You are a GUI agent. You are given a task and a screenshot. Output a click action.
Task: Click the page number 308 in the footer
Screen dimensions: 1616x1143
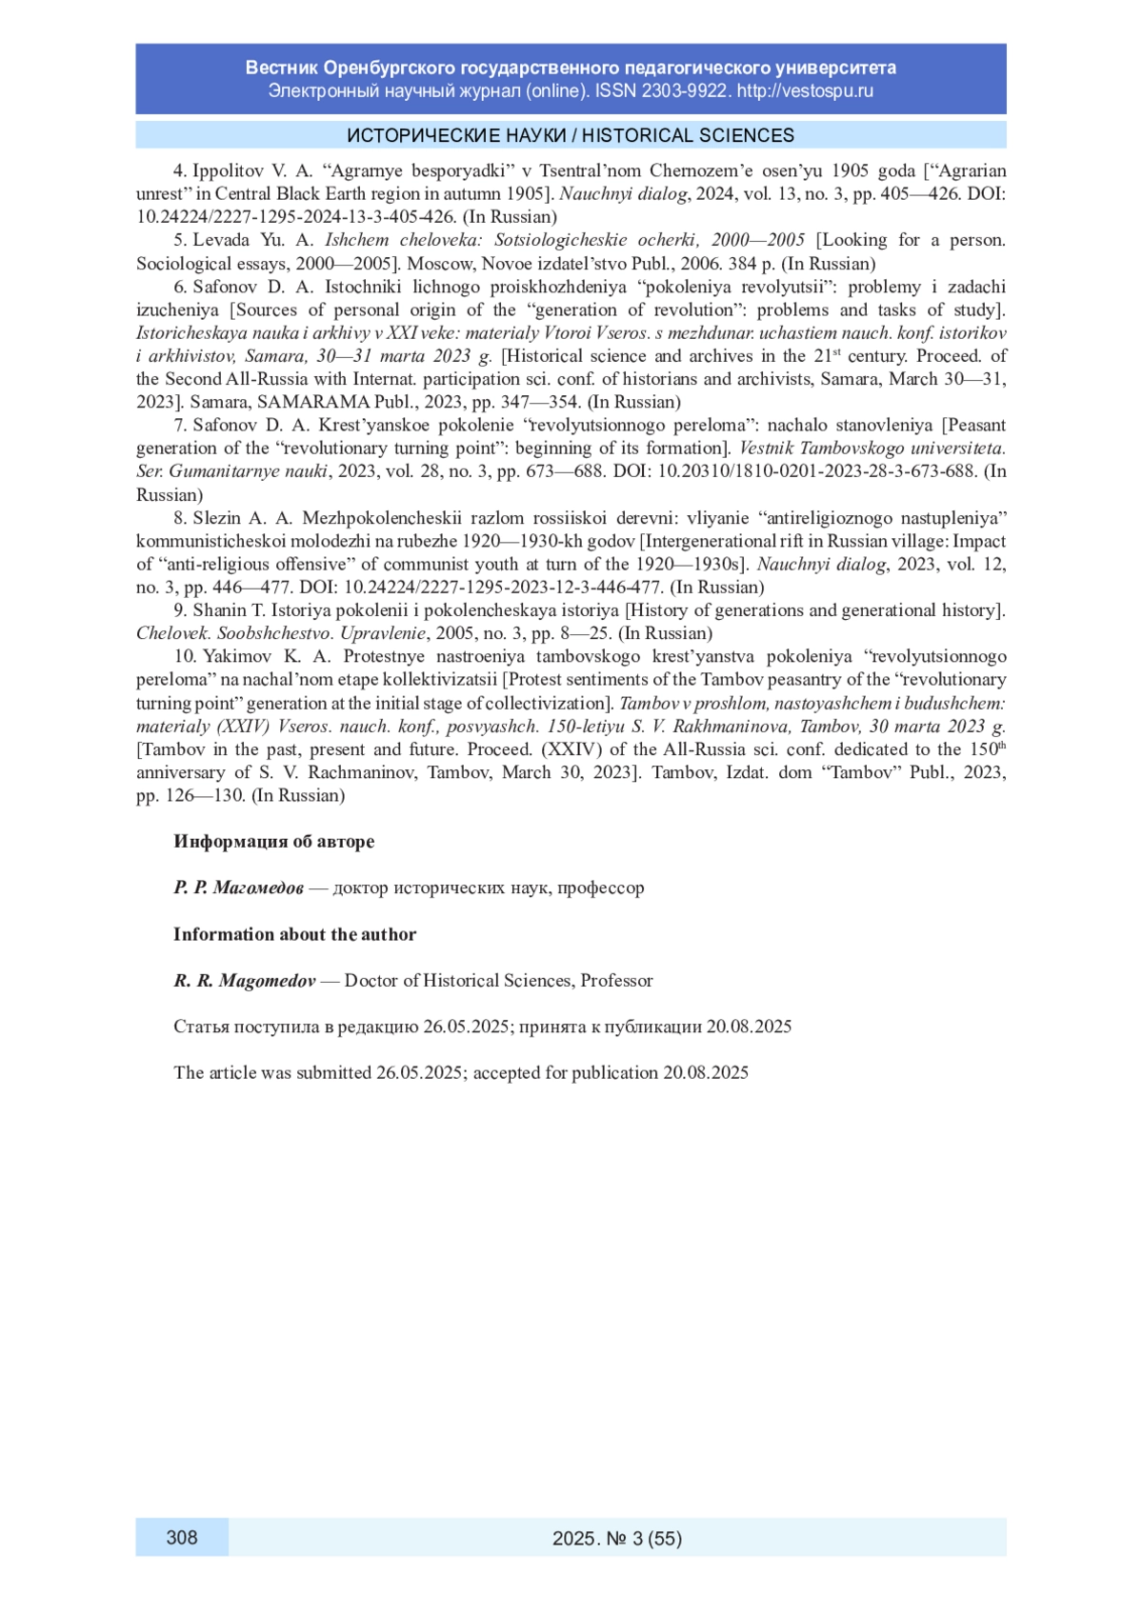(182, 1537)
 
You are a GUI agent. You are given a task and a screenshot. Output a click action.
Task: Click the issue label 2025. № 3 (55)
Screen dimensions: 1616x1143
(617, 1538)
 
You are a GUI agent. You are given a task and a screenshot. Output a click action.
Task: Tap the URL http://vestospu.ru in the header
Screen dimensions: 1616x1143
(805, 91)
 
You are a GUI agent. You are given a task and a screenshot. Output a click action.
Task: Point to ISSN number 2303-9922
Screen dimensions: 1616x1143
(685, 91)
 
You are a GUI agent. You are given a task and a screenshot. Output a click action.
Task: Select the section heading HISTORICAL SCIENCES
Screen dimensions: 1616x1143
(688, 135)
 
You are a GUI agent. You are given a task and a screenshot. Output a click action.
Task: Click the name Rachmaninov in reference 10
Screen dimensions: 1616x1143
(362, 772)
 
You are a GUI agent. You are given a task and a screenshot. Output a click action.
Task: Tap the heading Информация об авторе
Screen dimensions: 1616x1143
(273, 842)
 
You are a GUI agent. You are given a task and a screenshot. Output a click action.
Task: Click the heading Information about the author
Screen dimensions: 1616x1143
(294, 934)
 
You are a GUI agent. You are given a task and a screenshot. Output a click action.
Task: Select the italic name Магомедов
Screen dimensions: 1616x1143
(258, 888)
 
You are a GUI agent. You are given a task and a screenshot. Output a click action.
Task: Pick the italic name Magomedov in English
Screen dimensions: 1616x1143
(267, 981)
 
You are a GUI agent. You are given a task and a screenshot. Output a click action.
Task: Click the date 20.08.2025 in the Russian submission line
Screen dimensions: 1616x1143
(749, 1027)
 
